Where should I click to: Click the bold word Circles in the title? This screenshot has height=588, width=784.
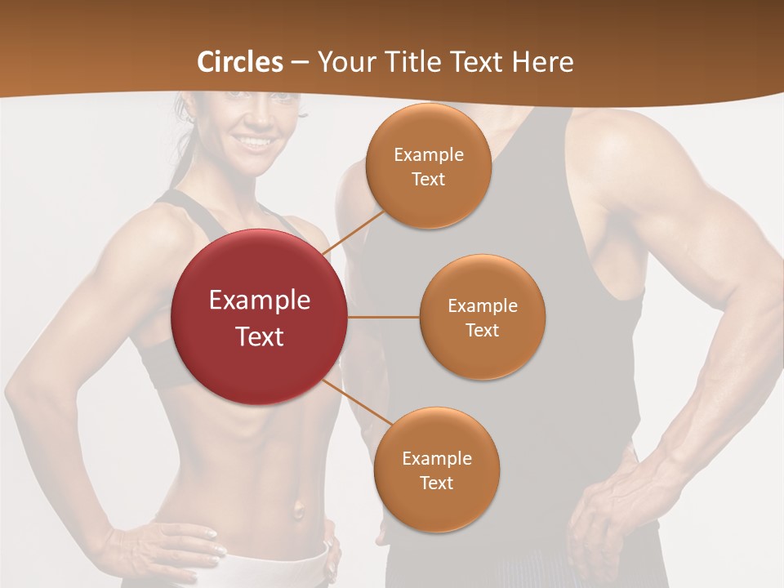(x=240, y=62)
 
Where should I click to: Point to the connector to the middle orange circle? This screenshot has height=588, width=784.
(x=384, y=317)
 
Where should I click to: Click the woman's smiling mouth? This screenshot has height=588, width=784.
(x=257, y=142)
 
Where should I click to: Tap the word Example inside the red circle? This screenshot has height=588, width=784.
(x=260, y=301)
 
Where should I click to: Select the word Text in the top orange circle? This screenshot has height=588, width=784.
(x=429, y=179)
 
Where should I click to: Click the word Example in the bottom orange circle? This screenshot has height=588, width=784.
(x=436, y=458)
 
